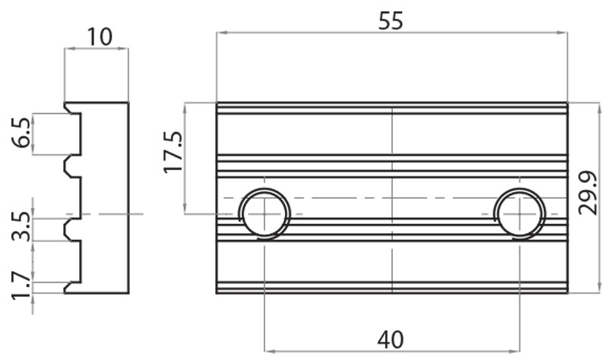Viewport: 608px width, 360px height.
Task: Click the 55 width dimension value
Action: pos(391,21)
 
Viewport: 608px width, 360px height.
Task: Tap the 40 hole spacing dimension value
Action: pos(391,339)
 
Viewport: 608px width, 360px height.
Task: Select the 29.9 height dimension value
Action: pos(587,193)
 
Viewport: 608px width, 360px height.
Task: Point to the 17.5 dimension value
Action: pos(173,153)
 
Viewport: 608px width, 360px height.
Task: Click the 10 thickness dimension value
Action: pos(100,37)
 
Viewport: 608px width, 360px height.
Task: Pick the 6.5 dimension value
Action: pos(21,132)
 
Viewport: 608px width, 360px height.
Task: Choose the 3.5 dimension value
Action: pos(21,226)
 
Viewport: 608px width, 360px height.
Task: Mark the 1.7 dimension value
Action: pos(21,286)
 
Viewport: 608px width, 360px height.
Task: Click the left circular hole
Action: pos(264,213)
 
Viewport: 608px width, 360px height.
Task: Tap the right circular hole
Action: pos(520,213)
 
